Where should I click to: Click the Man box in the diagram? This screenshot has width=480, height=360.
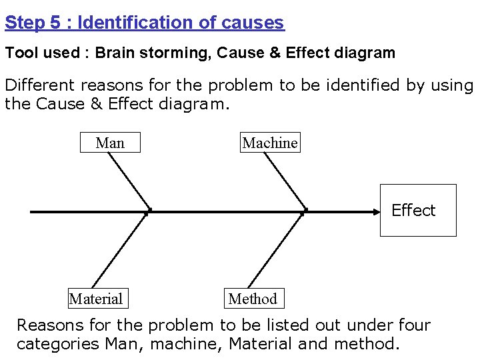110,143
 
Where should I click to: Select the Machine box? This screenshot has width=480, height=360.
270,143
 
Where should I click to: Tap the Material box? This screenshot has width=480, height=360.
96,299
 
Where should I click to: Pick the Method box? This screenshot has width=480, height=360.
253,299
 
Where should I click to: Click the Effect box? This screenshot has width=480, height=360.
418,210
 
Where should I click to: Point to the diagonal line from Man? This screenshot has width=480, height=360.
130,180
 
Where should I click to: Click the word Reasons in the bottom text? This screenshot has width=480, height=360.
49,325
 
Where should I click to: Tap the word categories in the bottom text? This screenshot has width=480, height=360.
57,344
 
